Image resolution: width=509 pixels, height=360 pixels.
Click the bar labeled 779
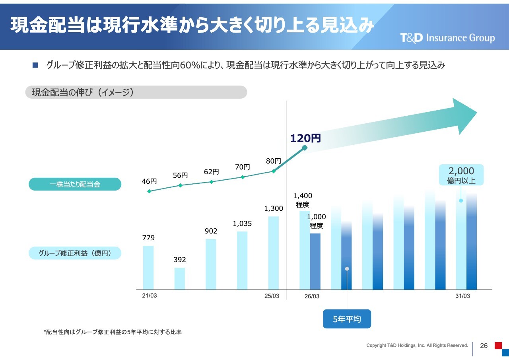point(148,267)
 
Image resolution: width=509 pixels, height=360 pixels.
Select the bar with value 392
point(179,278)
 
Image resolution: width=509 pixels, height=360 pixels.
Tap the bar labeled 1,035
point(242,260)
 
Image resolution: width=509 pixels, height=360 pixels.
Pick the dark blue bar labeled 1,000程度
point(315,261)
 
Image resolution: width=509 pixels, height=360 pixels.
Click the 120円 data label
point(305,138)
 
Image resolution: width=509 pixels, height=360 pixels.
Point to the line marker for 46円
point(149,191)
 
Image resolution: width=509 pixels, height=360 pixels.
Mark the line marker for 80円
point(274,171)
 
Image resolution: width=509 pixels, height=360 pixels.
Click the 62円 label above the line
point(212,172)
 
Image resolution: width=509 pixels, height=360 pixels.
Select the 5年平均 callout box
point(347,319)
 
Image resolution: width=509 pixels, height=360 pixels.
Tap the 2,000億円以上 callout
point(461,175)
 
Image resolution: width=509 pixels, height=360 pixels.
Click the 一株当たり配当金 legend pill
point(75,184)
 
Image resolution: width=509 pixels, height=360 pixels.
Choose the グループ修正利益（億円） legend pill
point(75,253)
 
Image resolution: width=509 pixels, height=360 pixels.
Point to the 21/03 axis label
point(150,296)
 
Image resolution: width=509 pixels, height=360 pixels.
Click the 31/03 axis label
point(462,296)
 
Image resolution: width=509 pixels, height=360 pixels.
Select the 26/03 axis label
point(312,296)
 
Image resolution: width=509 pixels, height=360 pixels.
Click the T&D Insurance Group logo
point(447,38)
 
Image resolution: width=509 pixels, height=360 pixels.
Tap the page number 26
point(484,346)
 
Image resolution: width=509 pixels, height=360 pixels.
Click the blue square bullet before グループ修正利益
point(35,65)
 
